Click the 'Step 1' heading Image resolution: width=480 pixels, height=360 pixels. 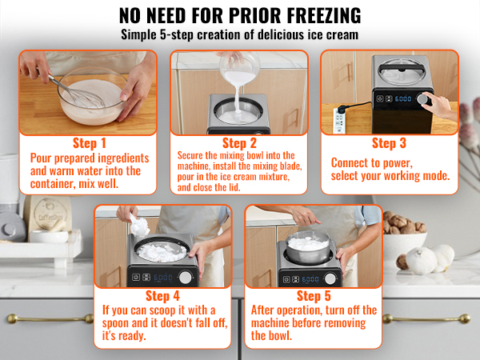click(89, 143)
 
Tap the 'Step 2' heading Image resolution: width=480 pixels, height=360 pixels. click(239, 143)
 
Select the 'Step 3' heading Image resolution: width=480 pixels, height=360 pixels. click(389, 143)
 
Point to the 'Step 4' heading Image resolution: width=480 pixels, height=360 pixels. click(162, 296)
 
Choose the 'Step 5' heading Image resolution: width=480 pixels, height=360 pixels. click(314, 296)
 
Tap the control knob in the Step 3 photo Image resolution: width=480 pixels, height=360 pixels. click(422, 99)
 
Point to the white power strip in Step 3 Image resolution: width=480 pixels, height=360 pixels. click(339, 120)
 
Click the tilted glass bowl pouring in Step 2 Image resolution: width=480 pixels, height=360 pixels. click(239, 68)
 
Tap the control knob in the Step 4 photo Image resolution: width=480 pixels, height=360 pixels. click(186, 277)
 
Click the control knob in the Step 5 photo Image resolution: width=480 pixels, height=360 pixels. click(330, 278)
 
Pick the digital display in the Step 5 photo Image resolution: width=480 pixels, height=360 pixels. click(310, 279)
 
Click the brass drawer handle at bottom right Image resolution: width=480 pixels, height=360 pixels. click(426, 318)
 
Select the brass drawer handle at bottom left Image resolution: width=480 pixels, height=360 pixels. click(50, 318)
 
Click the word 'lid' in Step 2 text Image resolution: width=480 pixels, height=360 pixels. click(234, 187)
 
